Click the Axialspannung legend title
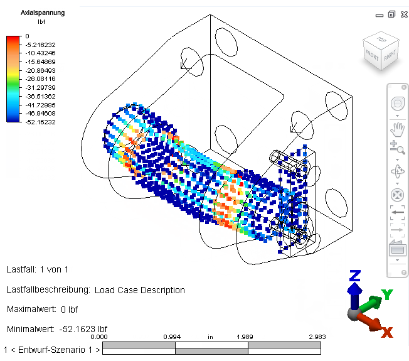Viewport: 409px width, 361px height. pyautogui.click(x=43, y=13)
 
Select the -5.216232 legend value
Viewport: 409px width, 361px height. pyautogui.click(x=40, y=45)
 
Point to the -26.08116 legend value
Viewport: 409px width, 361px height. pyautogui.click(x=40, y=79)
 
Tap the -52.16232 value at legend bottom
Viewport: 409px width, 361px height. pyautogui.click(x=40, y=122)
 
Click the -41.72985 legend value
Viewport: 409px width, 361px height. pyautogui.click(x=40, y=105)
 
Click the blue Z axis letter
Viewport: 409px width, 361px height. pyautogui.click(x=355, y=276)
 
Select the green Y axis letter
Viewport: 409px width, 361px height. pyautogui.click(x=387, y=294)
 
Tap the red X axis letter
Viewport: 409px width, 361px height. pyautogui.click(x=387, y=332)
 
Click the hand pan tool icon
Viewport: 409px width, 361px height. pyautogui.click(x=397, y=130)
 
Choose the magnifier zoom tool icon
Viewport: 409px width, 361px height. pyautogui.click(x=397, y=148)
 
